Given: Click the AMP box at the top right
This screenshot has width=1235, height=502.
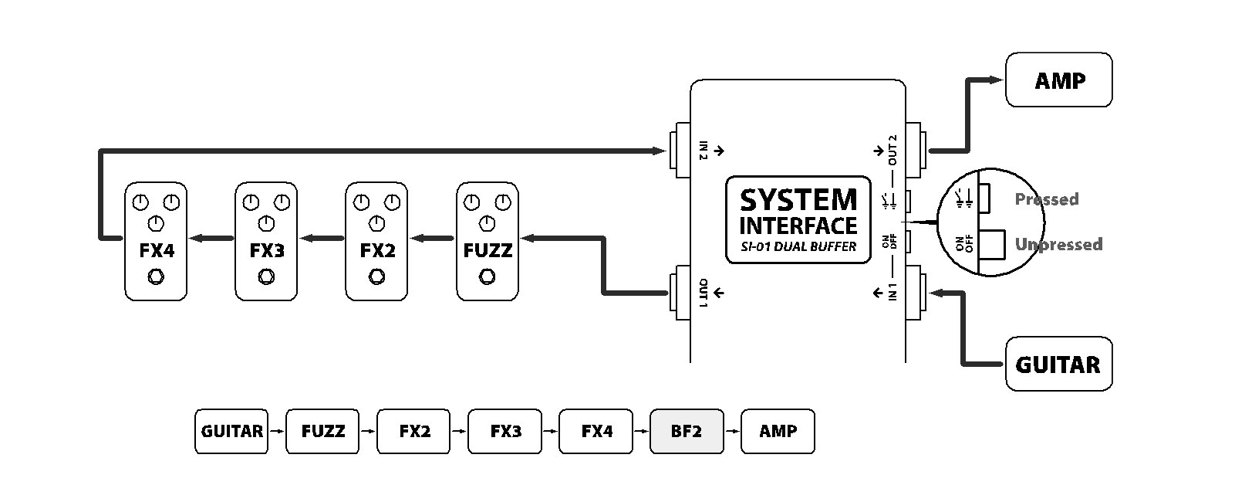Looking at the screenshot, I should [1058, 80].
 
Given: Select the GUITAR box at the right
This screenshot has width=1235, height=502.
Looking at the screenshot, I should [1058, 364].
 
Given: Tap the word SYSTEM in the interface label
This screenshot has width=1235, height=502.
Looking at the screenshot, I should [798, 200].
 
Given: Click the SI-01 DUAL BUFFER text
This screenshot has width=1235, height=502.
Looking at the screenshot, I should [798, 247].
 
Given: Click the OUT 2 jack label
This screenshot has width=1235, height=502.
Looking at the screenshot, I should [893, 151].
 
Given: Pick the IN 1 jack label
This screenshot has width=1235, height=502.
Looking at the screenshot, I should [893, 293].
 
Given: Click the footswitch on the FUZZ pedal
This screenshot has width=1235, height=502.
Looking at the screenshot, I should [487, 276].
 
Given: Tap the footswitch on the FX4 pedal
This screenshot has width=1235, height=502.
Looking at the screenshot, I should [156, 276].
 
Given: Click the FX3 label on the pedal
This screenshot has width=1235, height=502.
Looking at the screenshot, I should [267, 251].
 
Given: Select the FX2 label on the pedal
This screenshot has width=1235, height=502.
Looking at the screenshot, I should [377, 251].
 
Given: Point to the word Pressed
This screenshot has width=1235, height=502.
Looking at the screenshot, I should [1046, 199].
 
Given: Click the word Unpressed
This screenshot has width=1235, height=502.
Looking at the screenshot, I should [1058, 245].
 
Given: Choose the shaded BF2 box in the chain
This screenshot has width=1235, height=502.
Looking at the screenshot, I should [687, 431].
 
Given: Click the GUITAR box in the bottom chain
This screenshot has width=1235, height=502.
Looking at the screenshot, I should [231, 431].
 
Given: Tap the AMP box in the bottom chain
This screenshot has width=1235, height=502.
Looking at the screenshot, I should [778, 431].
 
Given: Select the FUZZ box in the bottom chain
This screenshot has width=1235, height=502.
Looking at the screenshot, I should [322, 431].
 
